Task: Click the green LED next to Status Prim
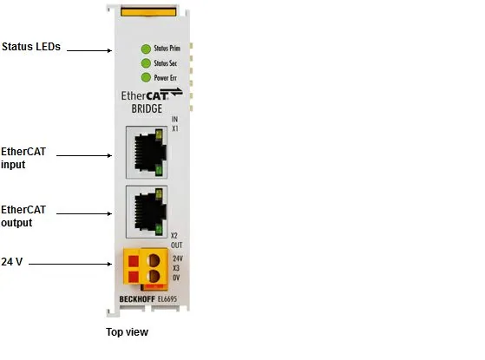point(146,49)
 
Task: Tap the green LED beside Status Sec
point(146,63)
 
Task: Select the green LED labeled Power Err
point(146,77)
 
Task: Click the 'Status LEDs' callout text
point(31,47)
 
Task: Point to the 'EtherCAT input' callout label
point(23,158)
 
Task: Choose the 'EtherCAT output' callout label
point(23,216)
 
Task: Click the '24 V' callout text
point(12,262)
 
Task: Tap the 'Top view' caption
point(128,332)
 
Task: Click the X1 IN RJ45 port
point(147,152)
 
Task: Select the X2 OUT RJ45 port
point(147,212)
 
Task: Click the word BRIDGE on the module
point(147,108)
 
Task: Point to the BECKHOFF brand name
point(137,299)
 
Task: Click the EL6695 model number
point(167,299)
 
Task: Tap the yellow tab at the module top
point(148,12)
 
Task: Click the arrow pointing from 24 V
point(70,264)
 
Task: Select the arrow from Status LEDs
point(89,50)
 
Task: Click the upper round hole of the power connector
point(153,260)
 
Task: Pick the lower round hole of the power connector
point(153,276)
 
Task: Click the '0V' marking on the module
point(176,278)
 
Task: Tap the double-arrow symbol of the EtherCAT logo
point(172,92)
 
